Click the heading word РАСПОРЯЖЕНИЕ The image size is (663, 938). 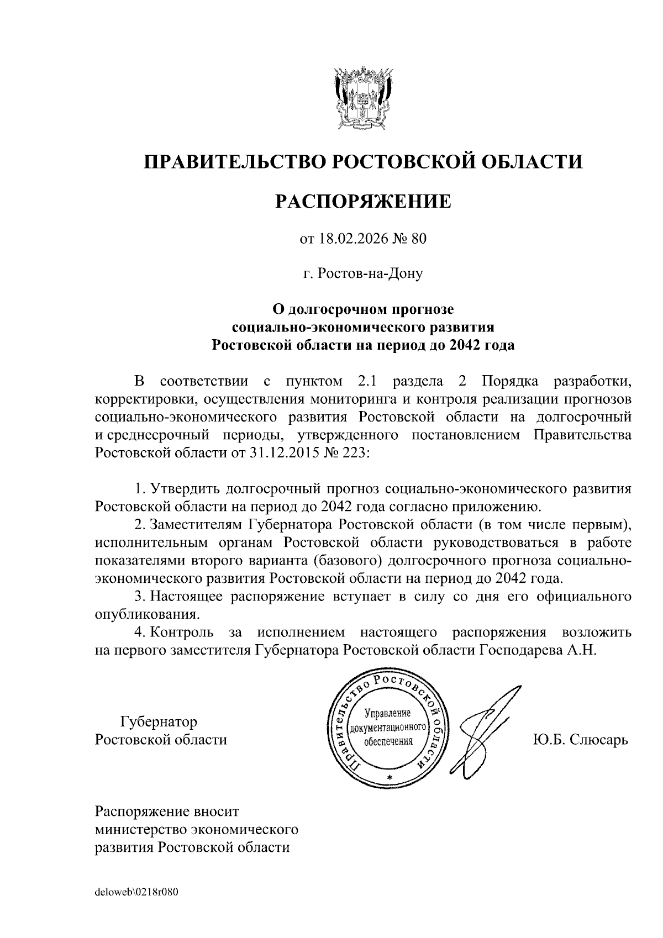(x=363, y=202)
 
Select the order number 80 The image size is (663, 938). (x=419, y=239)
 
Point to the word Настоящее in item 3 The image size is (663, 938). (x=187, y=597)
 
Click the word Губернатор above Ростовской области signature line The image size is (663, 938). (x=159, y=722)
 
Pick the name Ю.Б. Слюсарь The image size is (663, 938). (x=580, y=740)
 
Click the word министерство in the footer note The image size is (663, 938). (x=141, y=830)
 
